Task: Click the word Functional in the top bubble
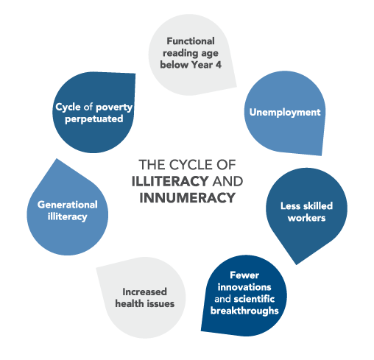click(191, 41)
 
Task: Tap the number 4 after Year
click(218, 65)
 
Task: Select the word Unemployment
click(285, 113)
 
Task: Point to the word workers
click(306, 218)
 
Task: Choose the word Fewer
click(244, 275)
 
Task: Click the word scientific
click(254, 299)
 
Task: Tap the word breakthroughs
click(244, 311)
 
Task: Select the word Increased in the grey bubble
click(144, 292)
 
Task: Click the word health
click(130, 304)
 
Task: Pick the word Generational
click(68, 205)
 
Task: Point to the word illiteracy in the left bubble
click(68, 217)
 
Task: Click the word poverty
click(114, 107)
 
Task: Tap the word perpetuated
click(94, 119)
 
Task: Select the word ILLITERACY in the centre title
click(170, 181)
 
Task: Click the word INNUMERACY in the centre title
click(188, 198)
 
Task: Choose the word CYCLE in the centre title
click(191, 165)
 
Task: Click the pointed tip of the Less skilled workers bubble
click(296, 264)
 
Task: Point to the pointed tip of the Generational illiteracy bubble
click(57, 159)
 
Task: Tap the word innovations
click(244, 287)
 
